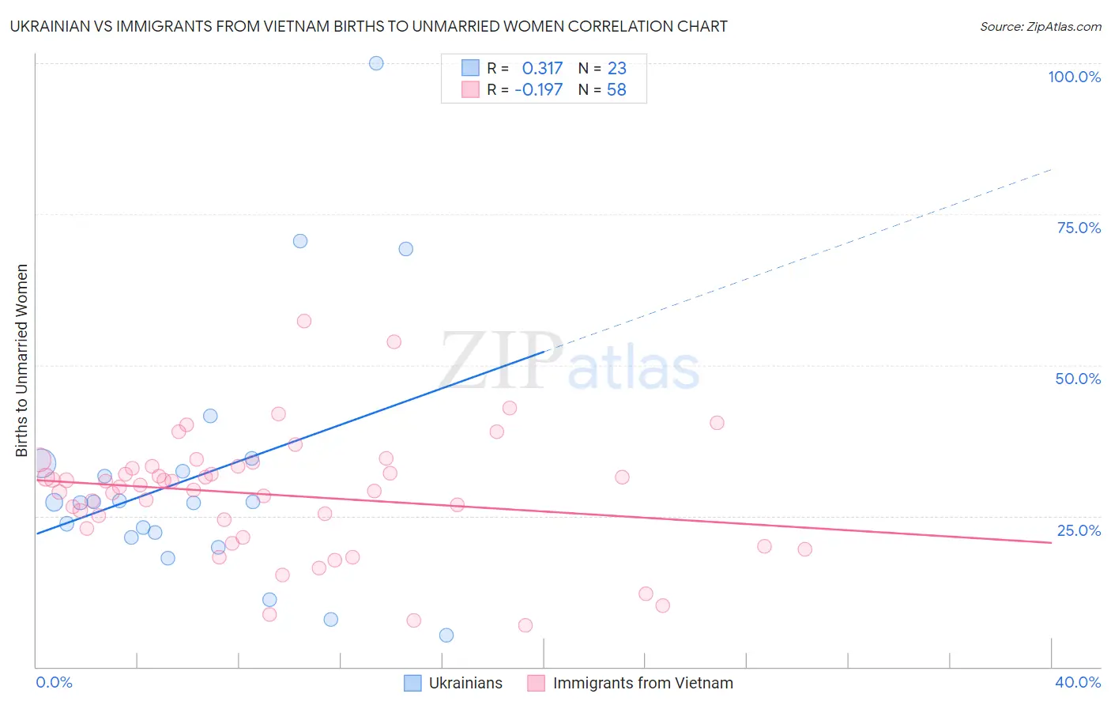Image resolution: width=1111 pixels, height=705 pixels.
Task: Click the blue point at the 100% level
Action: (x=376, y=63)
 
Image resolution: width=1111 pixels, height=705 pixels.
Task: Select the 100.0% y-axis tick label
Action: (x=1074, y=77)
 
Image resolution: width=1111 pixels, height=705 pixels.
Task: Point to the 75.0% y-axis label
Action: (x=1079, y=228)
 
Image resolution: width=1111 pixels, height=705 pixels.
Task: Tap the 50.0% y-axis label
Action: (x=1078, y=379)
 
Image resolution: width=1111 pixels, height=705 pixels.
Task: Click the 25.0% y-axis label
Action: (x=1079, y=530)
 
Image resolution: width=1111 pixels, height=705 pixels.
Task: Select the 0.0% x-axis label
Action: (x=54, y=682)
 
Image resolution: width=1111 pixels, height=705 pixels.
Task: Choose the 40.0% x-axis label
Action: (x=1077, y=682)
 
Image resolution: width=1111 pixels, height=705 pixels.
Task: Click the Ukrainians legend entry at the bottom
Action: (x=465, y=683)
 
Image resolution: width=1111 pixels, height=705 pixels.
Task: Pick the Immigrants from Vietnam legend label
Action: (x=642, y=683)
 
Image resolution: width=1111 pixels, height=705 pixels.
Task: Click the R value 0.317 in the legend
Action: (x=542, y=69)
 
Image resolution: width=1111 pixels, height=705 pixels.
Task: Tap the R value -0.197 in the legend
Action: (x=538, y=90)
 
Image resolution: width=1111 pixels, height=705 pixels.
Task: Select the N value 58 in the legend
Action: (x=616, y=90)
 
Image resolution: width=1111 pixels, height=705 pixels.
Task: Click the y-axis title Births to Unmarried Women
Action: (x=22, y=360)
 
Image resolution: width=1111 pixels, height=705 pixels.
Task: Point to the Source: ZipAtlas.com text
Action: (x=1040, y=27)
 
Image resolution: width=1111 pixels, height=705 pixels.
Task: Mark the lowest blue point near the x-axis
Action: (x=446, y=635)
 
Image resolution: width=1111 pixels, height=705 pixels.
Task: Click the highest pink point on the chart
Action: (x=304, y=321)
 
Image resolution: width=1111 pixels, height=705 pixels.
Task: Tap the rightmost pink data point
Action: (x=804, y=549)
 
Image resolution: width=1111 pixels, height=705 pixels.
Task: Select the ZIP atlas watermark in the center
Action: (x=569, y=362)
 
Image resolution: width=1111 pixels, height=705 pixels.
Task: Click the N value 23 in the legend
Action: (x=616, y=69)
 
